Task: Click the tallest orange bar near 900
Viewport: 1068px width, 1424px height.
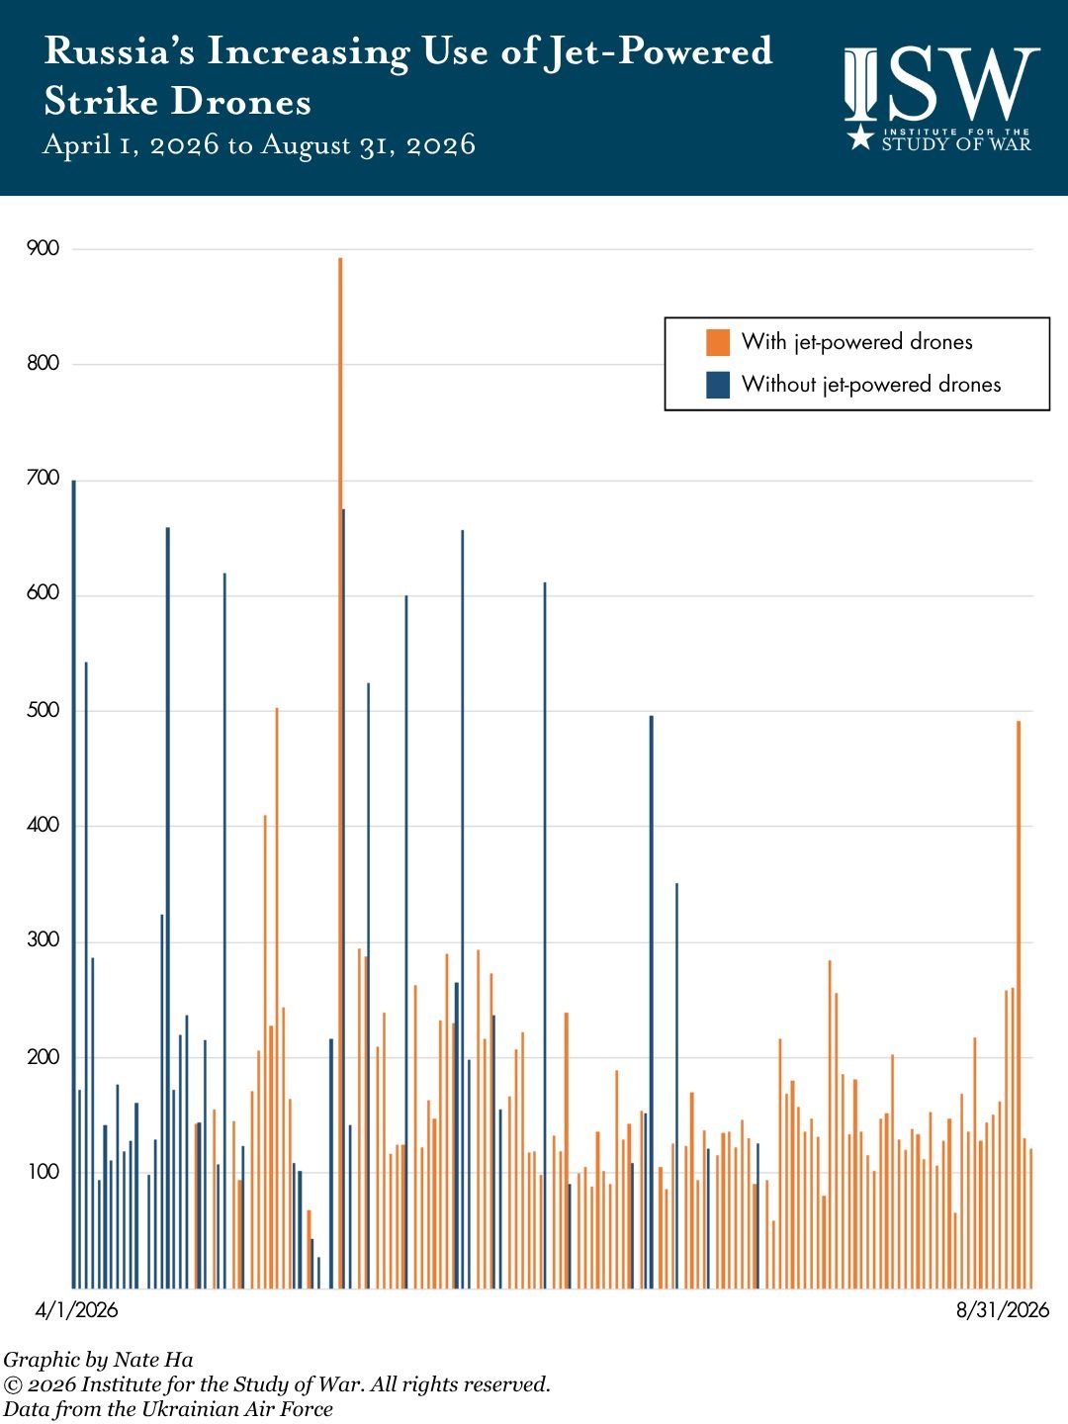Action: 340,772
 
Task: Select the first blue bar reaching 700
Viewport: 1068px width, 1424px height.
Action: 74,884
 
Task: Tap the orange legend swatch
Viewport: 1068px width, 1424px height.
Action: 718,342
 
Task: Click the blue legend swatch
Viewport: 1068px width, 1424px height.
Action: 718,385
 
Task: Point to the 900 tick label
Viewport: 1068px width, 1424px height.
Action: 43,248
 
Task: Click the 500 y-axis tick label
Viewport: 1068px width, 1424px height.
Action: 43,710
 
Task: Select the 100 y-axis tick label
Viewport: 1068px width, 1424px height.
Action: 44,1172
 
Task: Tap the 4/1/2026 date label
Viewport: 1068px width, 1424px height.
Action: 76,1310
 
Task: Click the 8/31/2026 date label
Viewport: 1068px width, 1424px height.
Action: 1003,1310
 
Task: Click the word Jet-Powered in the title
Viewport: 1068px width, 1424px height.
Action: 659,51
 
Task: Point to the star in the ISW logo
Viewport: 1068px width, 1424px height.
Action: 860,136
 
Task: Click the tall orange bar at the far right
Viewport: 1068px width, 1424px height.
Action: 1019,1005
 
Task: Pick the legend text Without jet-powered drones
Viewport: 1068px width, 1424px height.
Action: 871,385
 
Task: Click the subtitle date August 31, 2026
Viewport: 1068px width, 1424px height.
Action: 368,144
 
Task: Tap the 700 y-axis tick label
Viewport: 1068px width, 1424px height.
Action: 43,479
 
